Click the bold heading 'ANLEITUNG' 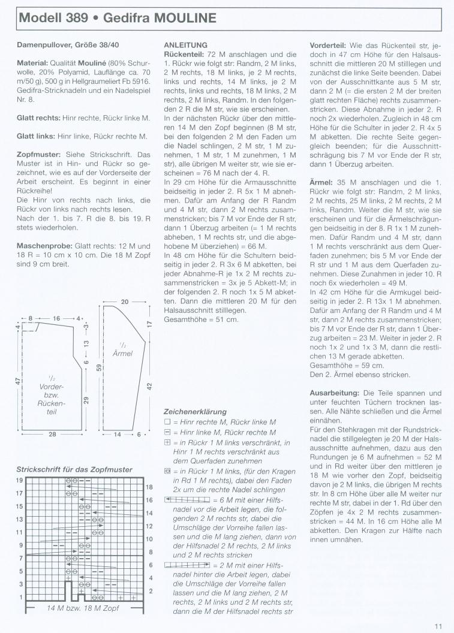[x=186, y=45]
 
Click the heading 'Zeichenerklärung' [x=195, y=412]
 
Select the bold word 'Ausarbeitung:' [x=336, y=392]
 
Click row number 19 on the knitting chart [x=19, y=480]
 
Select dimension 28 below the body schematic [x=52, y=435]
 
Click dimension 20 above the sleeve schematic [x=125, y=302]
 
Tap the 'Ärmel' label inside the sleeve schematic [x=122, y=353]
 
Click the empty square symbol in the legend [x=167, y=423]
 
